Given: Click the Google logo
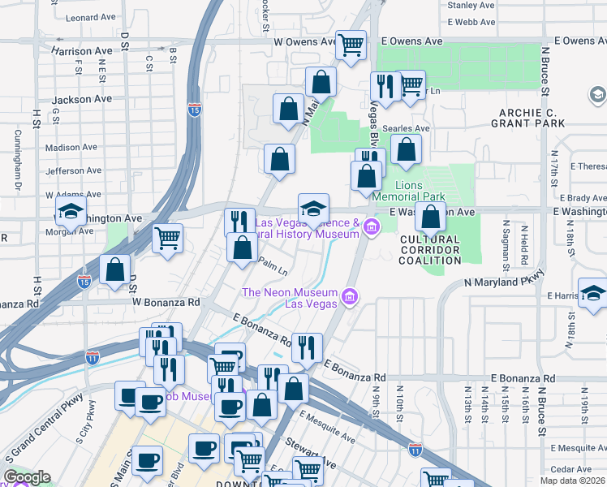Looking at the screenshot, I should point(27,477).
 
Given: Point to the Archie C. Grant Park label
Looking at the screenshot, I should point(527,118).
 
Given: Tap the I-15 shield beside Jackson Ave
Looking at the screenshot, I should point(195,110).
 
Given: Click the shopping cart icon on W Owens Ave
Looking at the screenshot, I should point(351,45).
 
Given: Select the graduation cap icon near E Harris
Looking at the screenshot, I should point(593,294).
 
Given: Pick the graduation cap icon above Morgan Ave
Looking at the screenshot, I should point(71,213).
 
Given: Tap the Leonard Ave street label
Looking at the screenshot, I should point(92,17).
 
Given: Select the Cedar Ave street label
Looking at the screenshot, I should point(574,469).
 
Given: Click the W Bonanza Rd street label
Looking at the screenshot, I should point(166,302).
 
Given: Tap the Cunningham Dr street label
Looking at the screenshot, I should point(17,158).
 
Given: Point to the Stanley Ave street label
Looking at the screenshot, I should point(471,5).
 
